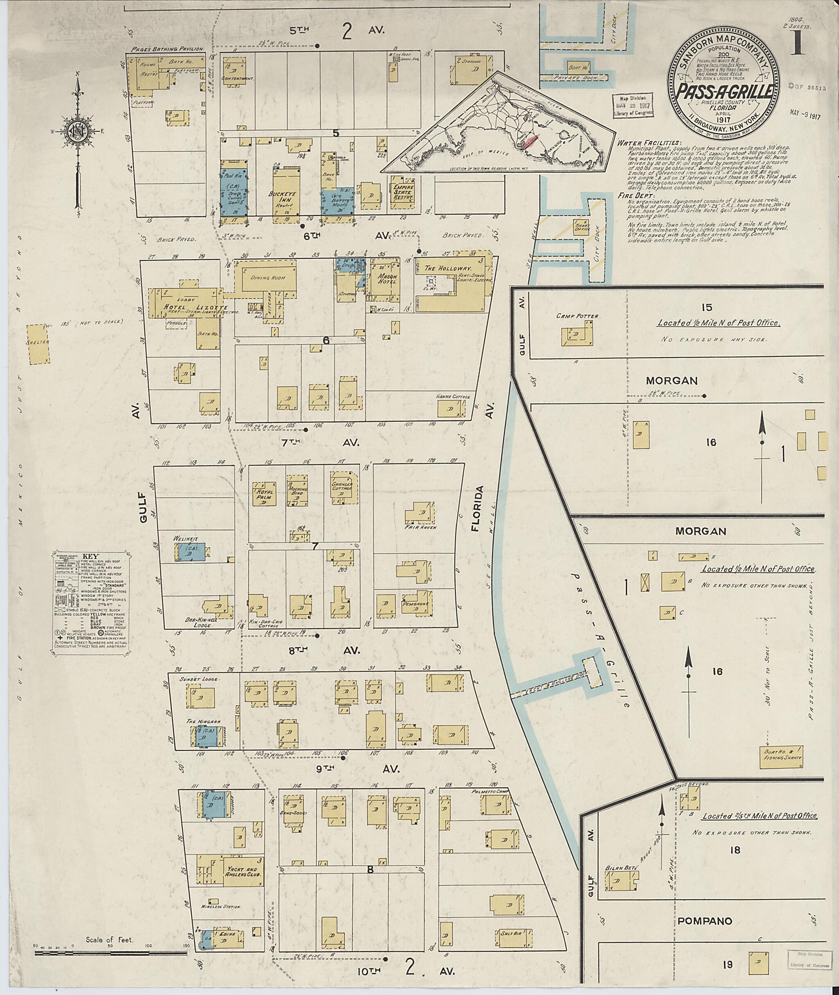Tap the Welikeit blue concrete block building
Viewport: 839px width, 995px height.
coord(192,554)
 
